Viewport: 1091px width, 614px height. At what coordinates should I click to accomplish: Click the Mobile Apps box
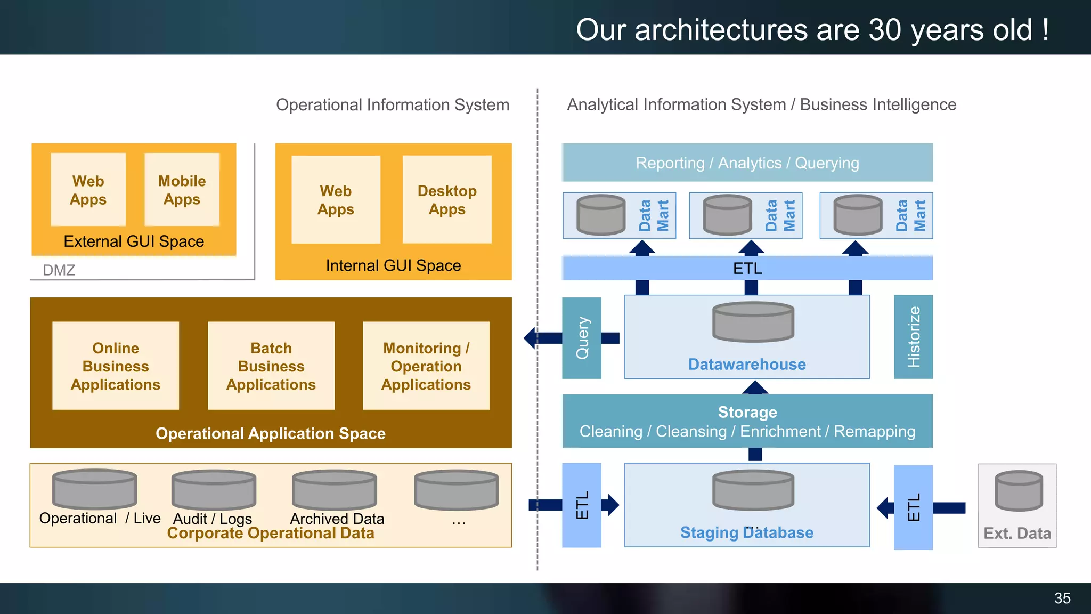pos(182,190)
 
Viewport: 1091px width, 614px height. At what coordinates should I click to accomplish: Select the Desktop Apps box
pos(447,200)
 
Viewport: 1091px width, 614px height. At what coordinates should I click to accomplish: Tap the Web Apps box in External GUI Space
pos(88,190)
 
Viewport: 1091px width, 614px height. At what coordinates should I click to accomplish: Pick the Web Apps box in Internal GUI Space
pos(336,200)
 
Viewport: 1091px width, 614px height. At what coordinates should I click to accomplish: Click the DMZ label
pos(59,270)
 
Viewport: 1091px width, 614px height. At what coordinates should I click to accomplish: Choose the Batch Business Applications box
pos(271,366)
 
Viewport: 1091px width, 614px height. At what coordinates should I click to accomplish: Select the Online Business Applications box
pos(116,366)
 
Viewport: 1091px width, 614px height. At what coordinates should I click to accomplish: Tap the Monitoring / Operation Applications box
pos(426,366)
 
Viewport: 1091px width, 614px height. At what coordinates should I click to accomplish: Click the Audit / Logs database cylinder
pos(214,489)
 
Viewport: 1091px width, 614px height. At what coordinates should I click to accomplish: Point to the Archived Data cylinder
pos(334,489)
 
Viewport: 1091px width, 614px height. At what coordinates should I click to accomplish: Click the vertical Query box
pos(582,338)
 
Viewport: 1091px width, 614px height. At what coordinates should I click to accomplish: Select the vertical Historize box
pos(913,337)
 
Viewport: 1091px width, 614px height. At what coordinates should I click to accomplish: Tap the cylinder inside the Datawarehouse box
pos(753,322)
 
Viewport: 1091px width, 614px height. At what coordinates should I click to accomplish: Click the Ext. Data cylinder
pos(1019,491)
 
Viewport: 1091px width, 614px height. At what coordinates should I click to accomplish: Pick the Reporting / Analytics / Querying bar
pos(747,163)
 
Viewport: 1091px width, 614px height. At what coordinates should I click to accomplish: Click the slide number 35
pos(1062,598)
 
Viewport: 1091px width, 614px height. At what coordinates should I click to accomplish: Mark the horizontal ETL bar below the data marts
pos(747,268)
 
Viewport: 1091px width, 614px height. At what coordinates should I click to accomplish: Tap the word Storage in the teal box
pos(747,412)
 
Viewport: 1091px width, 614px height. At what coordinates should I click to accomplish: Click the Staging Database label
pos(746,532)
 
